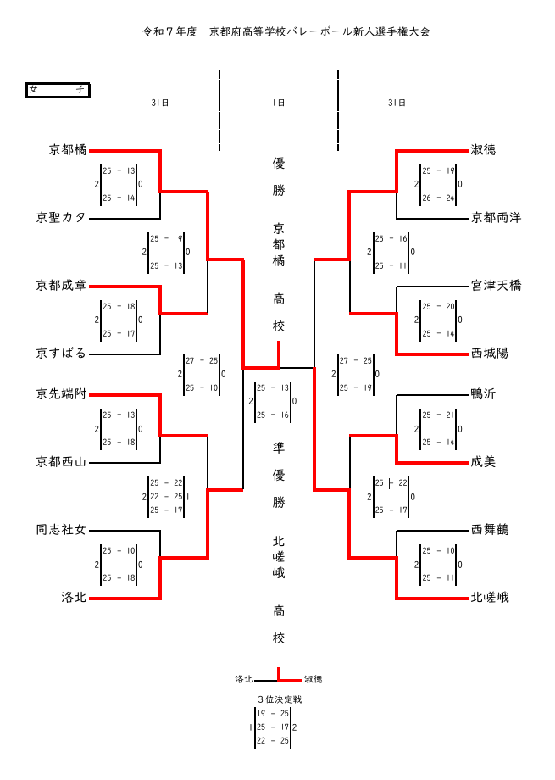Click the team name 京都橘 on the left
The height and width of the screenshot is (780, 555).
[x=68, y=150]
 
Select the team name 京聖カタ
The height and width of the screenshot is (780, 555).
[x=61, y=218]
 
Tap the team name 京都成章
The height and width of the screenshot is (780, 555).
[x=61, y=286]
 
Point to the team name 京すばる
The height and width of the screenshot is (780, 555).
[x=61, y=354]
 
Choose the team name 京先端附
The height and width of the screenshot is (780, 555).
[x=61, y=394]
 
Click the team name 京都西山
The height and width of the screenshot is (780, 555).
[x=61, y=462]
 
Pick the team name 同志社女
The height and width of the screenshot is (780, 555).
[x=61, y=530]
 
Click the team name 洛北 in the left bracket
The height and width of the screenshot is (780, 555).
[x=74, y=598]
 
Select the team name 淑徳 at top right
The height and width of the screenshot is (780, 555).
[x=483, y=150]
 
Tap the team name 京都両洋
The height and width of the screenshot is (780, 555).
[x=496, y=218]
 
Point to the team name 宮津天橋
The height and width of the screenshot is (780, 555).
[x=496, y=286]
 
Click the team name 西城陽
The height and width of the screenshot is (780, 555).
[x=490, y=354]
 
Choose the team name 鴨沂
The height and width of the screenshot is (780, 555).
[x=483, y=394]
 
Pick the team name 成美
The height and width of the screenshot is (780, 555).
[x=483, y=462]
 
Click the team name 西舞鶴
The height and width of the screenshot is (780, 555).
[x=490, y=530]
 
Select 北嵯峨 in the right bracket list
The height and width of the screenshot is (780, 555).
[x=490, y=598]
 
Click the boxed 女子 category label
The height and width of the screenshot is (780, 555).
[x=58, y=90]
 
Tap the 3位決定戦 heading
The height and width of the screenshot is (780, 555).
[x=279, y=699]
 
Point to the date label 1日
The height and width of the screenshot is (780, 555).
[x=278, y=103]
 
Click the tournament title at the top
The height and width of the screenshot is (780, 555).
[x=286, y=31]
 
